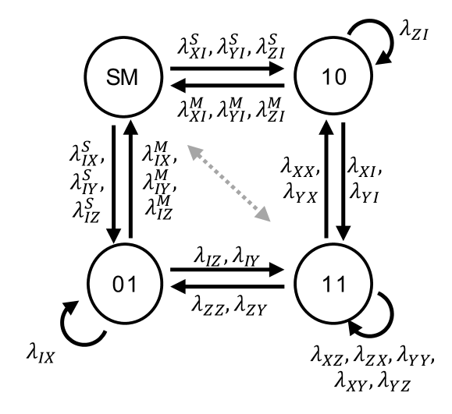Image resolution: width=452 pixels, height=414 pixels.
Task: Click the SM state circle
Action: [x=125, y=75]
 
